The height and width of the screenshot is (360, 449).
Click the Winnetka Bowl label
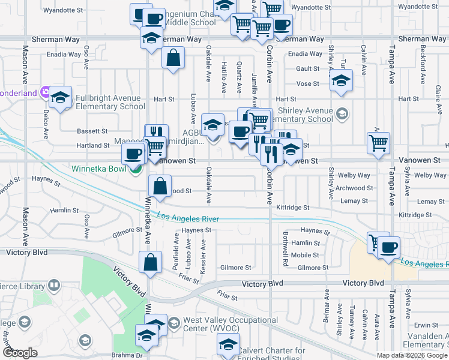pos(99,169)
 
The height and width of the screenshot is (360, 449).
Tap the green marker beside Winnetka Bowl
pos(136,169)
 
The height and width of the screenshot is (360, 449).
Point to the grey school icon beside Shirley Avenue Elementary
pos(342,113)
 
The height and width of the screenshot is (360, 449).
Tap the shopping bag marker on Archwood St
pos(160,186)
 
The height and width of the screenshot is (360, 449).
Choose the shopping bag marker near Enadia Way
pos(173,58)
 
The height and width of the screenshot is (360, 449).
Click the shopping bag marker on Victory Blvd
pos(150,262)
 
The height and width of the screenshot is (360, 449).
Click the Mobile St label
pos(300,255)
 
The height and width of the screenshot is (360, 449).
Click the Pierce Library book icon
pos(53,285)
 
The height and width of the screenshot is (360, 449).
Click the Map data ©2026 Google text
pos(412,355)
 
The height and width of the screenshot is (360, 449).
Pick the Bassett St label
pos(92,131)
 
